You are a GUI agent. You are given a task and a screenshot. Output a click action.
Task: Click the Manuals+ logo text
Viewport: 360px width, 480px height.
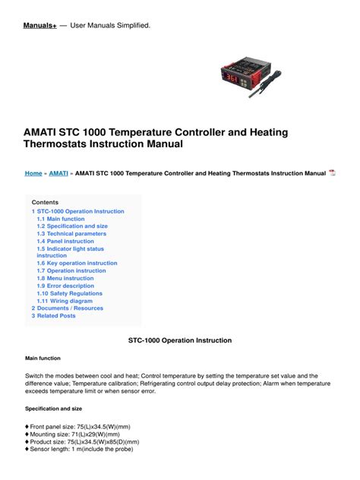point(41,26)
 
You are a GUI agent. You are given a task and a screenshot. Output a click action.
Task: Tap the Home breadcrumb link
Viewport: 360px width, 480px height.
point(33,173)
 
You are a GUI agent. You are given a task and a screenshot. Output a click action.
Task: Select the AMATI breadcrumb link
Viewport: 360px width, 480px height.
point(58,173)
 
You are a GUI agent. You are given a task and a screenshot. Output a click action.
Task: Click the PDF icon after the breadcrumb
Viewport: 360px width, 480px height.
point(333,173)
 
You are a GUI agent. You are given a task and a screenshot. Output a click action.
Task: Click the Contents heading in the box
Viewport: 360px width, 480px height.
point(45,202)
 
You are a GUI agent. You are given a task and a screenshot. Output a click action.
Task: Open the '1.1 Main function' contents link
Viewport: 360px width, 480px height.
point(61,219)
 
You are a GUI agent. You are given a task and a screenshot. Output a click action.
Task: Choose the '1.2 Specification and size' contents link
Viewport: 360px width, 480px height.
point(72,226)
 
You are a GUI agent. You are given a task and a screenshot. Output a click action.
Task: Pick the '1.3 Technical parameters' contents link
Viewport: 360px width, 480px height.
point(71,234)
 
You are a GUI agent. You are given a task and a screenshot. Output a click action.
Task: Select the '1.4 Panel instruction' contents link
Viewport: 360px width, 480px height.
point(65,242)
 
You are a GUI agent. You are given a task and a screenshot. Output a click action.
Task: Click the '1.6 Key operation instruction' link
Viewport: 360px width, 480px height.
point(77,264)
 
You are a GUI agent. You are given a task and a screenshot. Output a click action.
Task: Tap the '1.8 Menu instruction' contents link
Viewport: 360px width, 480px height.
point(65,279)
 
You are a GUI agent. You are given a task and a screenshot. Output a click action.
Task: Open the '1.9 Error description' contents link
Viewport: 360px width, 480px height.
point(65,286)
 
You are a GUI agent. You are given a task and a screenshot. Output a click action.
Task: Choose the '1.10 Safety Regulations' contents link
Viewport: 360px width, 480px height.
point(69,294)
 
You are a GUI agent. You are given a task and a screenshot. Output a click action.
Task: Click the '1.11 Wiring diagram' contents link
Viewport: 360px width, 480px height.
point(65,302)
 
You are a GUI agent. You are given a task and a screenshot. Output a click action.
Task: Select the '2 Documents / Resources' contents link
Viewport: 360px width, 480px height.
point(68,308)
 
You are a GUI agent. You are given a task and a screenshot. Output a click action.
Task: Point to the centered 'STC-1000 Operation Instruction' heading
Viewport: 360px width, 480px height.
point(179,340)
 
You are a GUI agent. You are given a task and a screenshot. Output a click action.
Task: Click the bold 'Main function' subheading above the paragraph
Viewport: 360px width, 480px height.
point(43,358)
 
